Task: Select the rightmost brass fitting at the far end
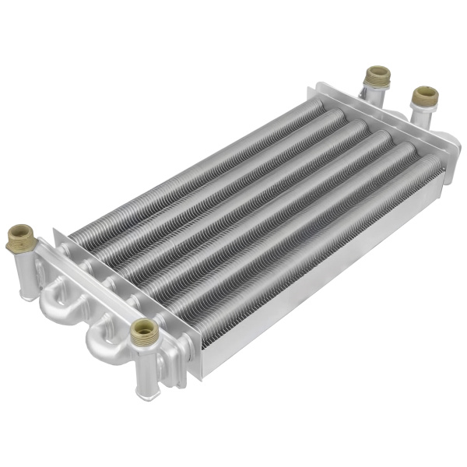[424, 98]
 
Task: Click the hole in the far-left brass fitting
[19, 230]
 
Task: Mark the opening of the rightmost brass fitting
[425, 93]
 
